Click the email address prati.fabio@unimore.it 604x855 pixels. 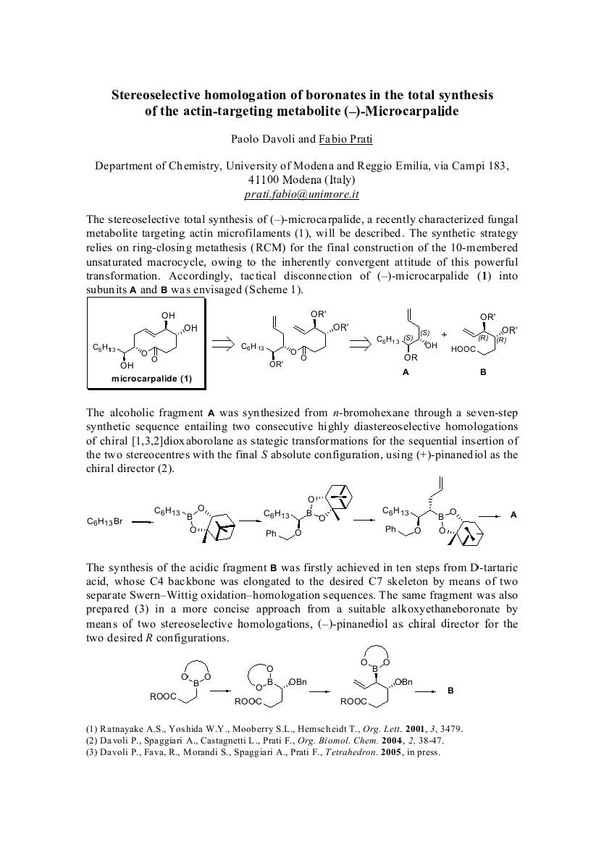tap(302, 194)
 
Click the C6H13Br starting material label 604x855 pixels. tap(105, 521)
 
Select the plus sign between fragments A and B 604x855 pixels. tap(444, 335)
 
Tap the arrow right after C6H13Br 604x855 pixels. tap(142, 521)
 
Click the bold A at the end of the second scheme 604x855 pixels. tap(513, 515)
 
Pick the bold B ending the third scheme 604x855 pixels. tap(450, 691)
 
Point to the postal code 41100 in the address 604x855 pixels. tap(265, 180)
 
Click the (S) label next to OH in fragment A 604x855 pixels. tap(426, 332)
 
